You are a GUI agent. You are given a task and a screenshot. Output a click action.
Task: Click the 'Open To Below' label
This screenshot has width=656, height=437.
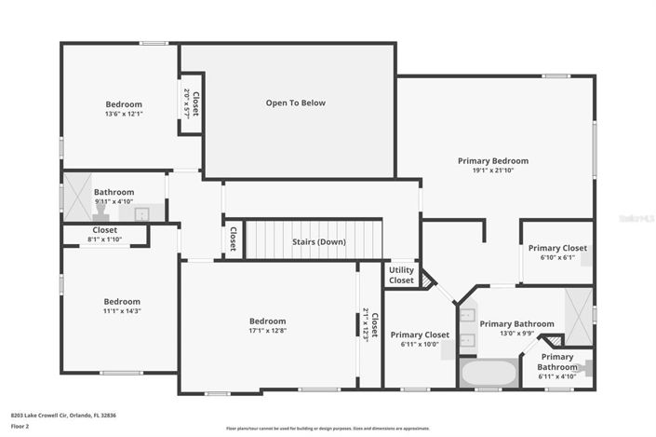click(x=295, y=102)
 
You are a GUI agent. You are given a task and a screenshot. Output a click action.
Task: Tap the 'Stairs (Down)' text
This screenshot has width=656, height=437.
click(x=319, y=242)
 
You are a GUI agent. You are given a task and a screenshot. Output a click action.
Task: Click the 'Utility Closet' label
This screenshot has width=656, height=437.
click(x=401, y=275)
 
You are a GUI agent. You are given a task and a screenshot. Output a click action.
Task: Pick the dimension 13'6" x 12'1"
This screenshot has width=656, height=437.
click(x=124, y=114)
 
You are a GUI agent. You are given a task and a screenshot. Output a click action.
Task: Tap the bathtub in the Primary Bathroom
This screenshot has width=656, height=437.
click(x=489, y=373)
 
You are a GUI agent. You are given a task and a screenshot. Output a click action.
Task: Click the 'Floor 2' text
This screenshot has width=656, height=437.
click(x=20, y=425)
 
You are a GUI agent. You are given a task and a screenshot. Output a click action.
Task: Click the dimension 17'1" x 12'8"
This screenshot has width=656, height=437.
click(x=266, y=330)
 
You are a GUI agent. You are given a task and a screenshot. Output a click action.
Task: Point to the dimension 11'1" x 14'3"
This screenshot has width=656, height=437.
click(x=122, y=311)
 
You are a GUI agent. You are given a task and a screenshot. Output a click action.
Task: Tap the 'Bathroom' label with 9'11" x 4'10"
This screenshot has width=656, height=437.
click(x=114, y=192)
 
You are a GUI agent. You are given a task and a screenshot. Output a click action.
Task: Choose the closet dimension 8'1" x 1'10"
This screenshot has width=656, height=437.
click(x=104, y=239)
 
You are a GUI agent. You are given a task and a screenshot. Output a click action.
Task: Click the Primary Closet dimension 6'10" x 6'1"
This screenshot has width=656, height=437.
click(x=557, y=258)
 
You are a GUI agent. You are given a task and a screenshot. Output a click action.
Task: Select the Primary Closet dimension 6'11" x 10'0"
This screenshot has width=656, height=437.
click(x=420, y=345)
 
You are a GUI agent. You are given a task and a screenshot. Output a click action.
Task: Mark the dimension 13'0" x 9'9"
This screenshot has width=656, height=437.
click(x=509, y=334)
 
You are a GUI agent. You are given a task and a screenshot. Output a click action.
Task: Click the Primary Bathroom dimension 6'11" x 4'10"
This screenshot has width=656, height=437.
click(x=556, y=376)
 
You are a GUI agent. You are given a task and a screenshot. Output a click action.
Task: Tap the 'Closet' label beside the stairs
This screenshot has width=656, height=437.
click(x=233, y=239)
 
